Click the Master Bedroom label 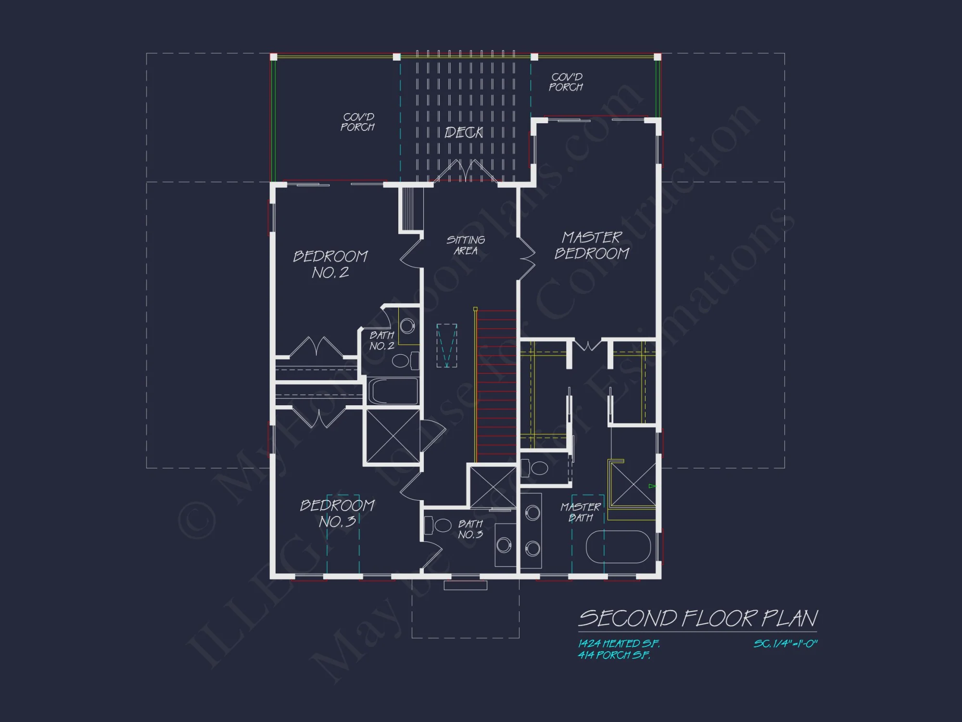pyautogui.click(x=592, y=245)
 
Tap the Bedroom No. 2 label pyautogui.click(x=330, y=264)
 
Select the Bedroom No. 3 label pyautogui.click(x=337, y=513)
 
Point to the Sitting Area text pyautogui.click(x=466, y=245)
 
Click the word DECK pyautogui.click(x=464, y=132)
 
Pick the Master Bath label pyautogui.click(x=581, y=512)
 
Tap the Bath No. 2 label pyautogui.click(x=382, y=340)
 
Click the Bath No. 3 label pyautogui.click(x=470, y=529)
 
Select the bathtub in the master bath pyautogui.click(x=618, y=546)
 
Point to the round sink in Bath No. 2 pyautogui.click(x=407, y=326)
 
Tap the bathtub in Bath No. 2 pyautogui.click(x=393, y=391)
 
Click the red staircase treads pyautogui.click(x=496, y=385)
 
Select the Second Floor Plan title pyautogui.click(x=697, y=619)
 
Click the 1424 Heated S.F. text pyautogui.click(x=619, y=644)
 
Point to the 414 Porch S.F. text pyautogui.click(x=614, y=655)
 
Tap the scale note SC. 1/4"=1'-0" pyautogui.click(x=785, y=644)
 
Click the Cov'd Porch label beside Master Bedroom pyautogui.click(x=566, y=82)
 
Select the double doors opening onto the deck pyautogui.click(x=465, y=172)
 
